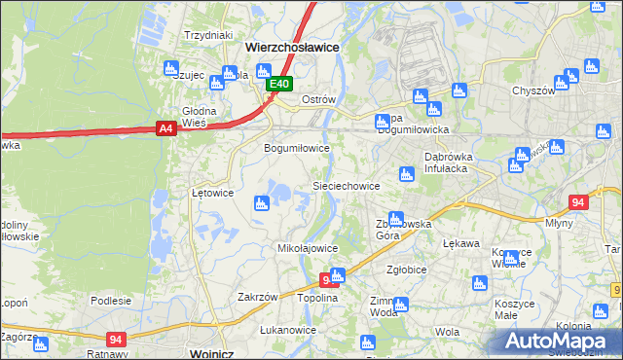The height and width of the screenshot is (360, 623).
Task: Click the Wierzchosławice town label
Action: [x=291, y=46]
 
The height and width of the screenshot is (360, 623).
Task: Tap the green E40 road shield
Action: [x=279, y=85]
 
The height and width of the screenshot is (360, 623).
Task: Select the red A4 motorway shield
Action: [x=165, y=128]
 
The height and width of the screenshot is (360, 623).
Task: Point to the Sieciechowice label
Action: [x=345, y=186]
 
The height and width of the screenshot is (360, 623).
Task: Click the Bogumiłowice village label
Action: [x=298, y=149]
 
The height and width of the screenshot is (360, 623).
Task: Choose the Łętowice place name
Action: [x=212, y=193]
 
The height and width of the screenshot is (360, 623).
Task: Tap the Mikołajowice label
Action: [x=308, y=249]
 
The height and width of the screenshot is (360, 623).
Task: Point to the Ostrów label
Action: [x=318, y=100]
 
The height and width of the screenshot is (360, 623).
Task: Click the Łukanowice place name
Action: [x=288, y=330]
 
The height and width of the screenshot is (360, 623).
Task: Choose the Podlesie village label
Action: [x=111, y=301]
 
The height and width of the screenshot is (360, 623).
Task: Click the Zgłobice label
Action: [x=406, y=270]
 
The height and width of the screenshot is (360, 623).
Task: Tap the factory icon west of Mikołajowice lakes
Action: [x=261, y=203]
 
